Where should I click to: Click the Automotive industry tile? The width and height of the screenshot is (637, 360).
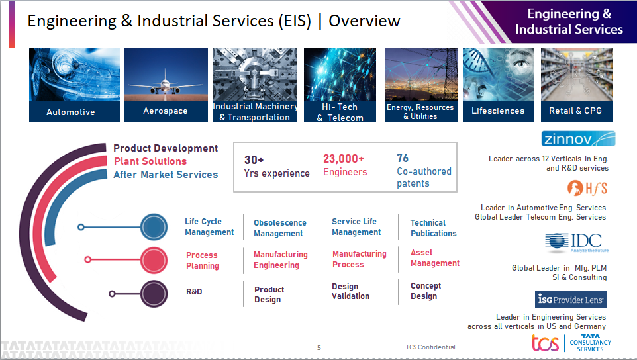coord(74,85)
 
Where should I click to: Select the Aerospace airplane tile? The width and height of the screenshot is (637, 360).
coord(166,85)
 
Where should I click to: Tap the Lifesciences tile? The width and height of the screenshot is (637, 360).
coord(498,85)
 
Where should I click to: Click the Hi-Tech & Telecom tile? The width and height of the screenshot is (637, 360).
coord(340,85)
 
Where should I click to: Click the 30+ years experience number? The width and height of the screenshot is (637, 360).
coord(254,159)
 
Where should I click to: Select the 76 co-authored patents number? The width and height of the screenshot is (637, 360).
coord(403,158)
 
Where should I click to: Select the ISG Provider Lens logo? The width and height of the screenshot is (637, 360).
coord(570,300)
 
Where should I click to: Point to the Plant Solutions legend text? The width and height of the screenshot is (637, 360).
coord(150,161)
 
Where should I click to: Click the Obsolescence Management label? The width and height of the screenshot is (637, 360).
coord(280,228)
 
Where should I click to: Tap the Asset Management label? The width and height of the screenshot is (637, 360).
coord(434,258)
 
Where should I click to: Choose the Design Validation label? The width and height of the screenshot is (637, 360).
coord(350,291)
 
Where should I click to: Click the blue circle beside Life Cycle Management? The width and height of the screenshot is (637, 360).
coord(154,227)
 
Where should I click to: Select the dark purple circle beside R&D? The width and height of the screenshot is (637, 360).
coord(154,293)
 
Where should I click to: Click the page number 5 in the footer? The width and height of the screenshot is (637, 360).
coord(319,347)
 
